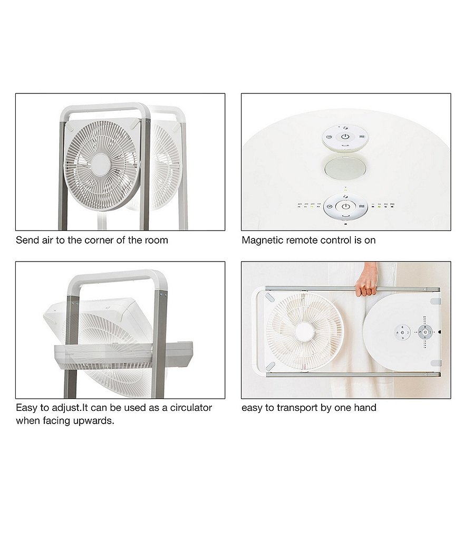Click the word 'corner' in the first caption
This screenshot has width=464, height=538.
(101, 241)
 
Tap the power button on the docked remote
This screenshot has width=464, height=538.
(345, 206)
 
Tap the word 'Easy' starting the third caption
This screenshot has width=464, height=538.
(26, 408)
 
